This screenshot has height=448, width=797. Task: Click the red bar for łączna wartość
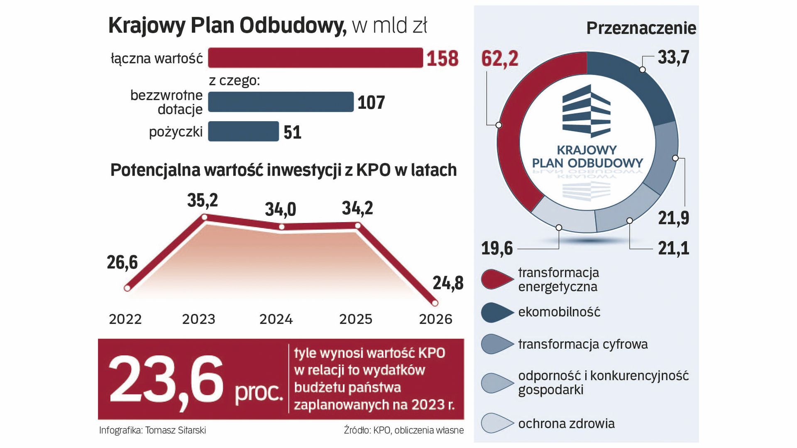click(315, 58)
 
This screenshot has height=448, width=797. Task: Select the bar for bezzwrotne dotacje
click(281, 102)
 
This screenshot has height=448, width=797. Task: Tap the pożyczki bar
click(243, 131)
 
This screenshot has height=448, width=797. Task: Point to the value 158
click(443, 58)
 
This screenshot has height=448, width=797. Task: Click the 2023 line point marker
click(204, 217)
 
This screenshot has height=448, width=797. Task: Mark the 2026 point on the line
click(435, 303)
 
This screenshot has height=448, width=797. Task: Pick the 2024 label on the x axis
click(276, 319)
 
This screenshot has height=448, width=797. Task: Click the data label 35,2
click(203, 200)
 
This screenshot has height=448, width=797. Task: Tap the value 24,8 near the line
click(448, 283)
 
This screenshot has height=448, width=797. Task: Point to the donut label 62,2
click(500, 58)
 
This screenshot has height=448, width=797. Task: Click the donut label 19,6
click(497, 248)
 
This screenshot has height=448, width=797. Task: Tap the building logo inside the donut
click(587, 111)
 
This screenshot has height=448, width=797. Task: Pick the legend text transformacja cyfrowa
click(583, 344)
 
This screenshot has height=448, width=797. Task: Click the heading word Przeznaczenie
click(641, 28)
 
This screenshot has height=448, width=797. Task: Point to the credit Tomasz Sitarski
click(175, 430)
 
